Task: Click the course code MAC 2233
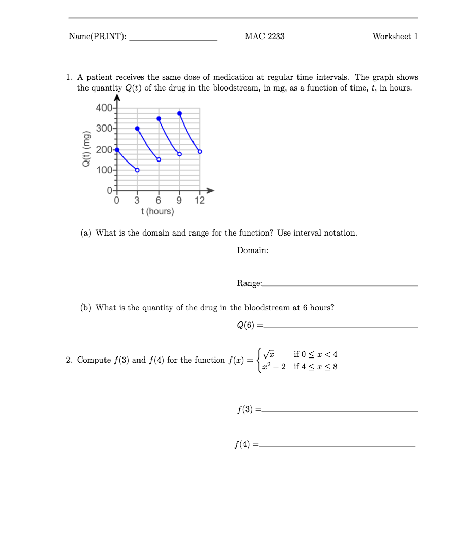[x=265, y=36]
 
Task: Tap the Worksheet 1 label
[x=395, y=36]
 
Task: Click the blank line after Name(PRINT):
[x=173, y=39]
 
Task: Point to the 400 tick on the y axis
[x=104, y=108]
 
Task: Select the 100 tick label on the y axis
[x=104, y=170]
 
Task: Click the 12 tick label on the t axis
[x=200, y=201]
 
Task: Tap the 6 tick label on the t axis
[x=159, y=201]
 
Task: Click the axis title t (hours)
[x=157, y=211]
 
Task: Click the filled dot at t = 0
[x=117, y=150]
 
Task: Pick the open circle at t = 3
[x=137, y=170]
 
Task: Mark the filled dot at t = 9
[x=179, y=113]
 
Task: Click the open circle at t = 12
[x=200, y=151]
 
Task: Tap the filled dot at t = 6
[x=159, y=118]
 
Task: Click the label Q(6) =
[x=250, y=326]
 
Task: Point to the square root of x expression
[x=268, y=354]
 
